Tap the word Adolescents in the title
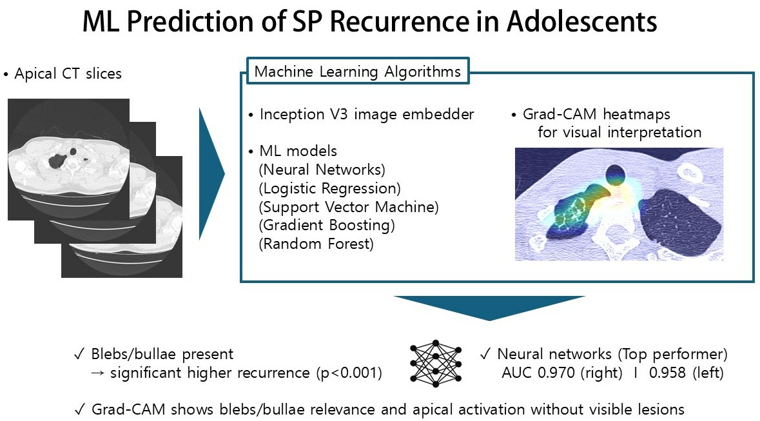581,21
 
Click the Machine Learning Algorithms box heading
358,72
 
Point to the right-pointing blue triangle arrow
212,173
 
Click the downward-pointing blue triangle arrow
489,308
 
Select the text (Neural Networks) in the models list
322,170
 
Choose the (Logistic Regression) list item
329,188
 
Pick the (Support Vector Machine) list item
349,207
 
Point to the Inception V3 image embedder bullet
361,115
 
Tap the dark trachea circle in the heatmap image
616,174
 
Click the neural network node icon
435,363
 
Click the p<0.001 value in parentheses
349,373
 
